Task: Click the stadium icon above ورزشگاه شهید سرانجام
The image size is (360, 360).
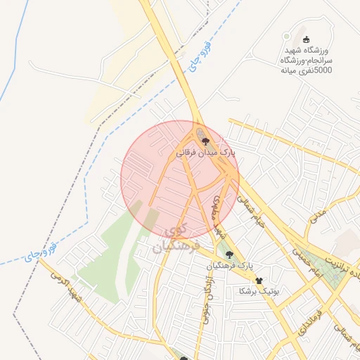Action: [x=305, y=39]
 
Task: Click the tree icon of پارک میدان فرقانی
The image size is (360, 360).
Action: [x=205, y=141]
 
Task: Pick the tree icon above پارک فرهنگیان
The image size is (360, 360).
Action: [x=229, y=255]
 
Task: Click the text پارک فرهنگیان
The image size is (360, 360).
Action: [x=229, y=266]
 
